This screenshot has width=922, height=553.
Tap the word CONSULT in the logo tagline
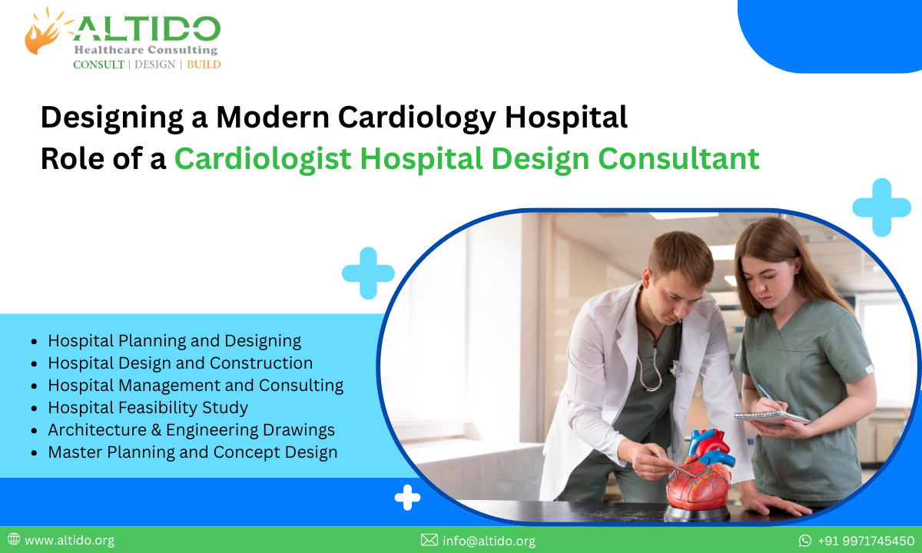click(98, 65)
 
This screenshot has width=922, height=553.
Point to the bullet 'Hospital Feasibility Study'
click(148, 408)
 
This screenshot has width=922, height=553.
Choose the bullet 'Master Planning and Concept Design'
click(192, 452)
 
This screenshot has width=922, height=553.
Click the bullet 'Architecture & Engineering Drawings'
click(191, 430)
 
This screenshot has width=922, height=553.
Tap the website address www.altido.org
click(69, 541)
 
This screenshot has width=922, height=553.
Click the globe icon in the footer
click(14, 540)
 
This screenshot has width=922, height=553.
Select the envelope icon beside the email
click(429, 541)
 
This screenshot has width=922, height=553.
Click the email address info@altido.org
click(489, 541)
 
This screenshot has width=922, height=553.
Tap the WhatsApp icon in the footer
click(805, 541)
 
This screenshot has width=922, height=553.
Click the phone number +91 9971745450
click(866, 541)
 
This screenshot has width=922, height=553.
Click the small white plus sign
click(407, 498)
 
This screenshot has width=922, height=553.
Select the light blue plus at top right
click(881, 207)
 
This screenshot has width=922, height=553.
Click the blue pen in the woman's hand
click(764, 392)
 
